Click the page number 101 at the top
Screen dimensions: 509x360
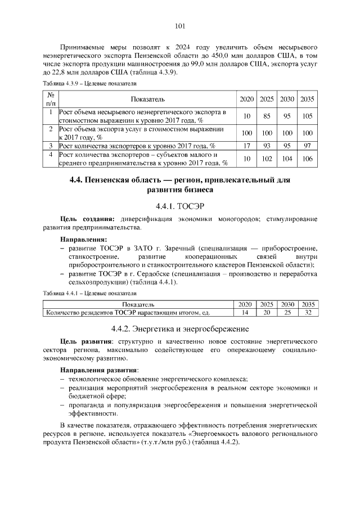click(180, 26)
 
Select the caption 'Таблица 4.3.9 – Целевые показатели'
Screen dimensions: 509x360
click(90, 83)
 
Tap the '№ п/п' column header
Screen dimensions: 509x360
click(50, 99)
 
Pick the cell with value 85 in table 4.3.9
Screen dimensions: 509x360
click(267, 116)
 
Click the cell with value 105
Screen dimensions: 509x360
click(307, 116)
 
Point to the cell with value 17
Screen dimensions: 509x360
click(246, 146)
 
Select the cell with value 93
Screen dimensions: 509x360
click(267, 146)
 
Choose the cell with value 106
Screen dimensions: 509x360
click(307, 159)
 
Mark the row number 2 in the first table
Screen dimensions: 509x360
click(50, 129)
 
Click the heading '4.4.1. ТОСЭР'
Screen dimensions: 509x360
click(180, 205)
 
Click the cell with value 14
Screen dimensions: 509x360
click(245, 312)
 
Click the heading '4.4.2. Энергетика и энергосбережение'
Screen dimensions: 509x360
click(180, 328)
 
